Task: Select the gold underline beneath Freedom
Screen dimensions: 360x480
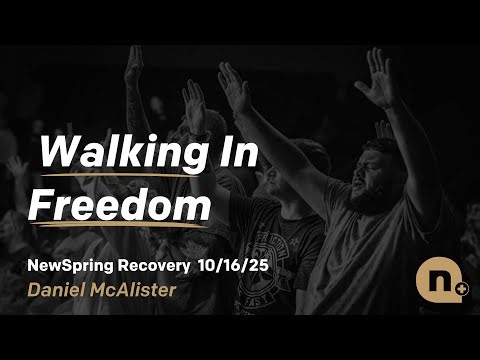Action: (x=119, y=225)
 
